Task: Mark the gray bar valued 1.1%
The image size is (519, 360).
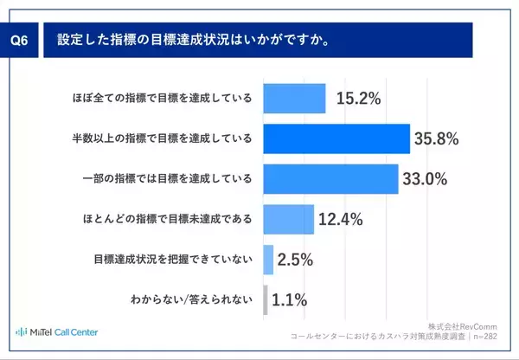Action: [266, 300]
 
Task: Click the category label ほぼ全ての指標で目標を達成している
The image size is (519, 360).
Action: [162, 99]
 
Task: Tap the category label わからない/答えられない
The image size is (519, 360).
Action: [191, 301]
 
